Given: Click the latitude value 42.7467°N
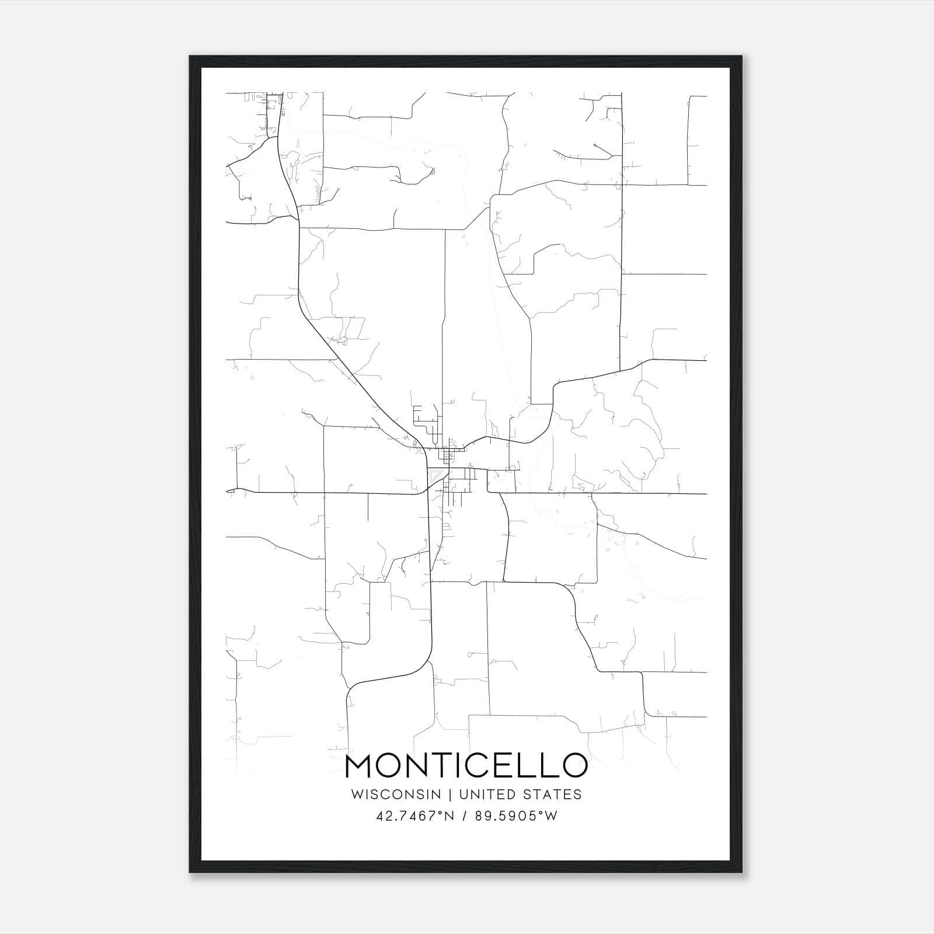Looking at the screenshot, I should pos(416,816).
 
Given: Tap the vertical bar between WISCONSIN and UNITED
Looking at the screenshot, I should pos(450,794).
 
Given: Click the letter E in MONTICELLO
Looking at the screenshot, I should pos(510,765).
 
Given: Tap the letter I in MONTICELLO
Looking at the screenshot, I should pos(458,765).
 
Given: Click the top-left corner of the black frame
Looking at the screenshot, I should pos(190,57).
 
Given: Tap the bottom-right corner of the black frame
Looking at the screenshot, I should pos(741,872).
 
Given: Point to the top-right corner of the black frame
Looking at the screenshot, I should pos(741,57).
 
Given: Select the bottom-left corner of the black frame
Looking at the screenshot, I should pos(190,872).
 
